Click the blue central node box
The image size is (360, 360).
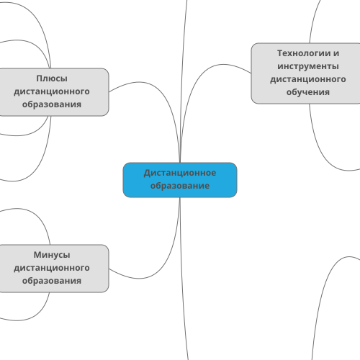(180, 180)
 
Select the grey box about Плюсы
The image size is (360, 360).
(54, 92)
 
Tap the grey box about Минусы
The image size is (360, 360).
(54, 269)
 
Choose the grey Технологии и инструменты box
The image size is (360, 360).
(305, 73)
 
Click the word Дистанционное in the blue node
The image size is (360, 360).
(180, 173)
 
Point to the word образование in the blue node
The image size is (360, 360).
(180, 186)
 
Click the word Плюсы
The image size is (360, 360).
(52, 78)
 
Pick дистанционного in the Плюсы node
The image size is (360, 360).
(52, 91)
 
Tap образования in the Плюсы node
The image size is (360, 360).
(52, 104)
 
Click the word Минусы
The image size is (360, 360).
(52, 255)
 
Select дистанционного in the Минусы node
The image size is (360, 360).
(52, 268)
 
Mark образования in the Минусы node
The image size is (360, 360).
(52, 281)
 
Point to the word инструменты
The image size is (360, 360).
(308, 66)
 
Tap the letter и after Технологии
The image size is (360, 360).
(336, 54)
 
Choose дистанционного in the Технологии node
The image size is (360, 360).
(308, 79)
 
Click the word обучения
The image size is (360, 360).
(308, 92)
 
